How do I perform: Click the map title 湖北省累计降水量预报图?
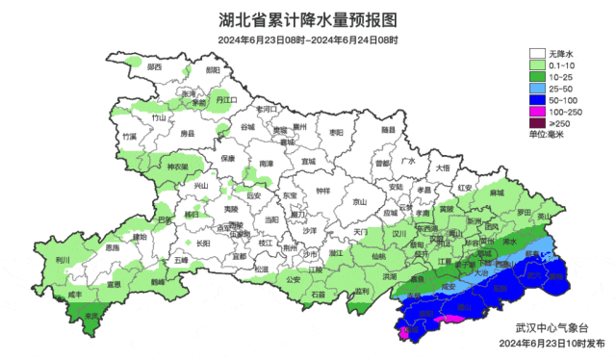307,18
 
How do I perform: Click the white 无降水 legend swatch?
535,53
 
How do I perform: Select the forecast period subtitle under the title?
307,39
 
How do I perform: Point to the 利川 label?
64,260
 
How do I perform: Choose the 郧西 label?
154,67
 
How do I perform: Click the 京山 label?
360,202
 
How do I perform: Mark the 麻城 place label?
497,193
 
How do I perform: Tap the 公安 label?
294,280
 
